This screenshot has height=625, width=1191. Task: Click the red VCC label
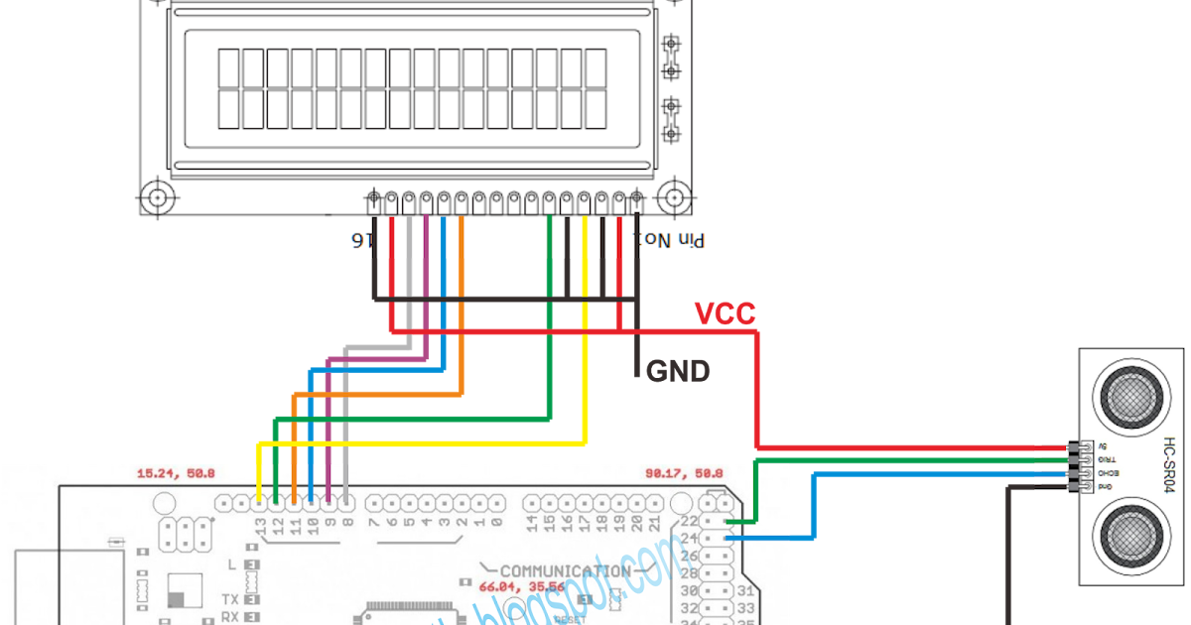(x=725, y=313)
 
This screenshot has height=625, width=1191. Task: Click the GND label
(x=678, y=372)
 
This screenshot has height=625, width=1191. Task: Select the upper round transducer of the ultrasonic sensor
(x=1126, y=394)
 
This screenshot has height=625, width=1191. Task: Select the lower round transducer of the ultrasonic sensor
(x=1126, y=537)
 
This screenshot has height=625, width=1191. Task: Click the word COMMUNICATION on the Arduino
(x=565, y=571)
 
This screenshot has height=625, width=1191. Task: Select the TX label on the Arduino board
(x=229, y=600)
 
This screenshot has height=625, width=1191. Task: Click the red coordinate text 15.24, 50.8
(x=175, y=474)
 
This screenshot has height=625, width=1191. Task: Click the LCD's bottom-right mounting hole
(x=675, y=196)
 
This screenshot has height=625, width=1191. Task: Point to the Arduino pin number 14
(x=532, y=523)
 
